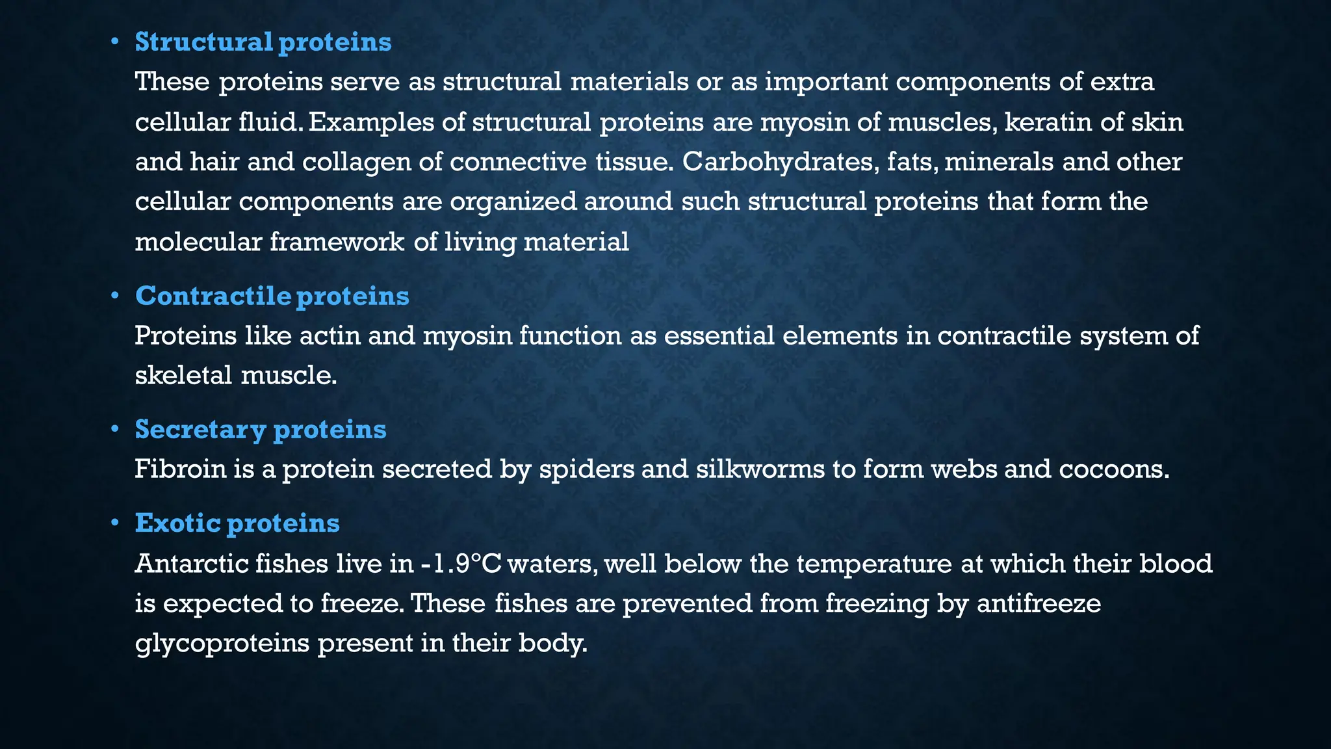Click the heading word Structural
pos(203,42)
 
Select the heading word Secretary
pos(200,429)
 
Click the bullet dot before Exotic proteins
pos(114,523)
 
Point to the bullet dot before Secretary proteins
pos(114,429)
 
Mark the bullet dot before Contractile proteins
pos(114,296)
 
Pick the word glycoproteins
pos(222,644)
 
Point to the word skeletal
pos(183,376)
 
